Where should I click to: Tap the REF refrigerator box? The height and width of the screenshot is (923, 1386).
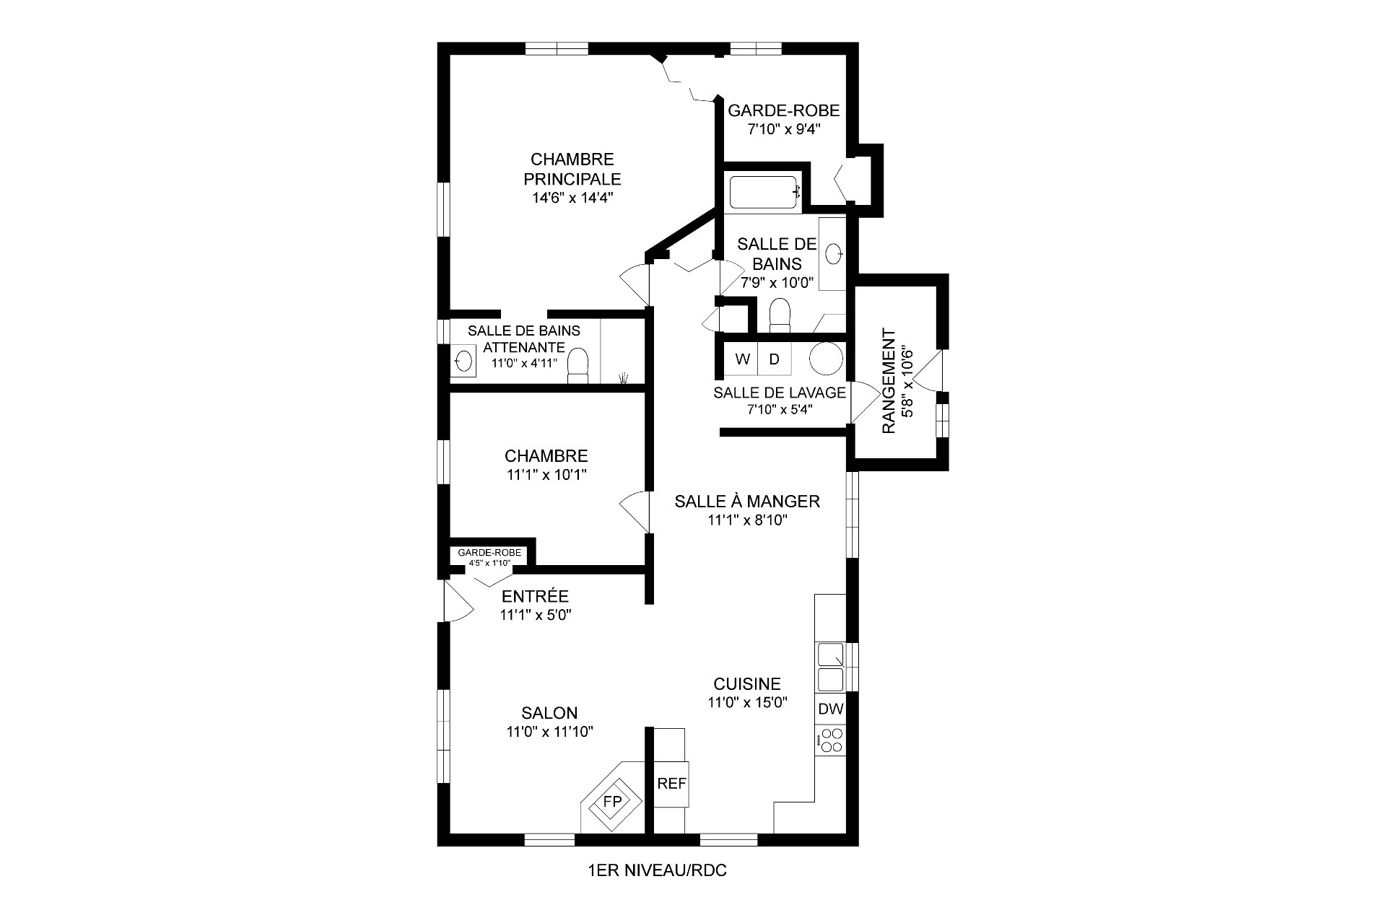point(671,784)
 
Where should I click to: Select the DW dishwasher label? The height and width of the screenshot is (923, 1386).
point(831,709)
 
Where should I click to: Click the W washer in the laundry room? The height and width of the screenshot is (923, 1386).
point(741,359)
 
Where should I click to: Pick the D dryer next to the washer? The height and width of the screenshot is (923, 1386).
point(774,359)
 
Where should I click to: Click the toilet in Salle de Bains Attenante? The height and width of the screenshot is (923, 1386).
point(578,364)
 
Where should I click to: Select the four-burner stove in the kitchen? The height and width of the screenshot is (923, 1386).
point(831,740)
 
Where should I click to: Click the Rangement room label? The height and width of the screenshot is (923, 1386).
point(889,382)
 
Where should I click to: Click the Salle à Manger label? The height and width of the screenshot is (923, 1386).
point(747,501)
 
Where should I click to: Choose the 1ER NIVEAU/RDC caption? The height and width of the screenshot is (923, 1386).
point(658,871)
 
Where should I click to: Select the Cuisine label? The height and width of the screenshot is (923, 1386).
point(747,683)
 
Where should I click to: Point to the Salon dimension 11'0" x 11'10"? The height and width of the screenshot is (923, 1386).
point(550,732)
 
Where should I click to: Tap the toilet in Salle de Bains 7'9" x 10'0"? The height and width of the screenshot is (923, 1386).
point(780,315)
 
